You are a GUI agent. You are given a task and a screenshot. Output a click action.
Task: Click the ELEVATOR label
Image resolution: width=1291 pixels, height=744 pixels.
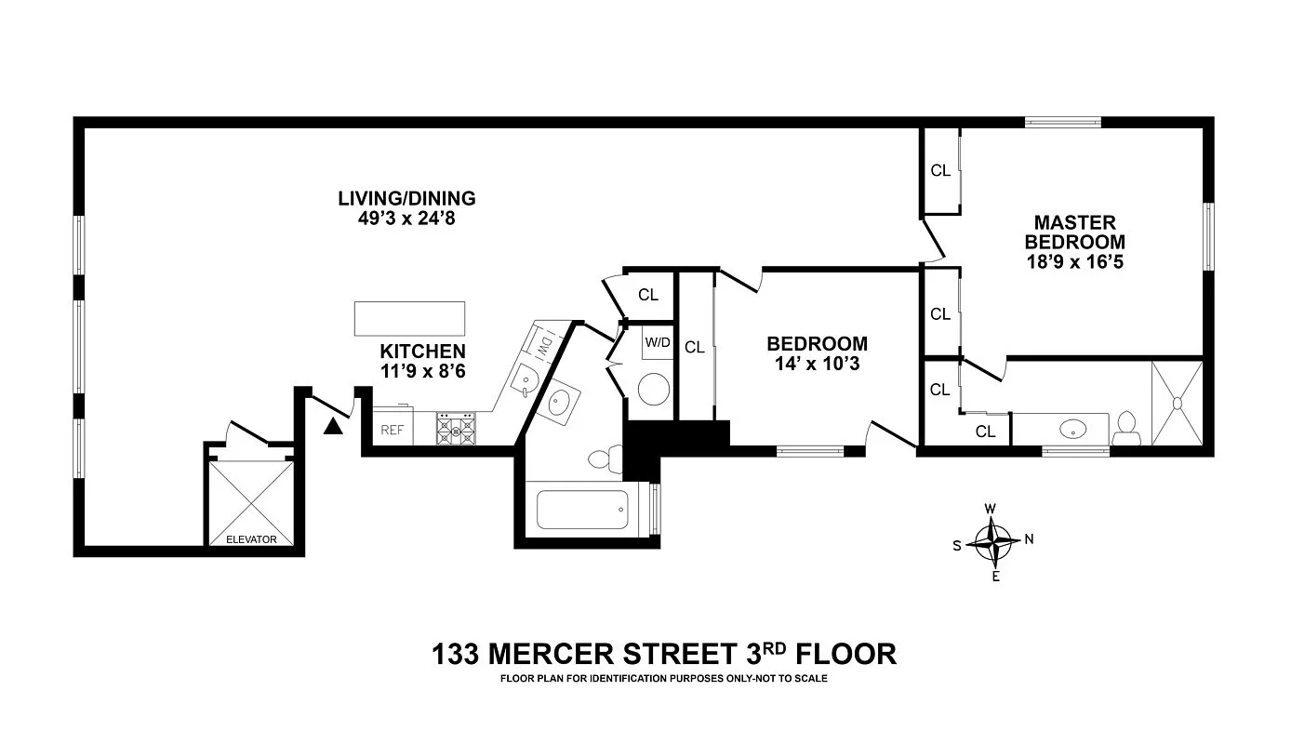tap(251, 538)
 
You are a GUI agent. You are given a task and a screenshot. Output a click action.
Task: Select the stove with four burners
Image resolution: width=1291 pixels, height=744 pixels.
tap(456, 429)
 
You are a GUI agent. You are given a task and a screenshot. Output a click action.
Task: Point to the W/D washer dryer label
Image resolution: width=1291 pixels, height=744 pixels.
tap(658, 342)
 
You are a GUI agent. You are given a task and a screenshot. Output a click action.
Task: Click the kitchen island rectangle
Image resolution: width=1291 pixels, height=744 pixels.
tap(408, 318)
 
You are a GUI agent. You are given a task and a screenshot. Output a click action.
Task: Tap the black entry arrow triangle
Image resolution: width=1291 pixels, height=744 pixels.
tap(332, 426)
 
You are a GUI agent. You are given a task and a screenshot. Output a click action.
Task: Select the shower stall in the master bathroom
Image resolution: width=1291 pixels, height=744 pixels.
tap(1177, 404)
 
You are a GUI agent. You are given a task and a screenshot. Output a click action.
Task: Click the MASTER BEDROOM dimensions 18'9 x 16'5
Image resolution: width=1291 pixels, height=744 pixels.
tap(1074, 262)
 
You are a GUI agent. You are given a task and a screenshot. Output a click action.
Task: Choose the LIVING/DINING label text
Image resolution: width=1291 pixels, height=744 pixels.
tap(406, 198)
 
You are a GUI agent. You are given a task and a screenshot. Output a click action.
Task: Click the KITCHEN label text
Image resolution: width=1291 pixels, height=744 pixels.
tap(422, 352)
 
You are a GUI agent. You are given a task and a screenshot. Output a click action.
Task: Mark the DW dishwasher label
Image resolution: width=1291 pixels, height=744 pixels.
tap(544, 345)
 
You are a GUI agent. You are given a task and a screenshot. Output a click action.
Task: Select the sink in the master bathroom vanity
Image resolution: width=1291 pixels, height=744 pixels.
tap(1073, 430)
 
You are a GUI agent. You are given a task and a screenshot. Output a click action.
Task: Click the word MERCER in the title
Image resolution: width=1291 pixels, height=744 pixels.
tap(558, 654)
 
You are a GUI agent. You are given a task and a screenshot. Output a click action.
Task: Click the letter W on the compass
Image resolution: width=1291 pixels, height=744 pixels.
tap(991, 508)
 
